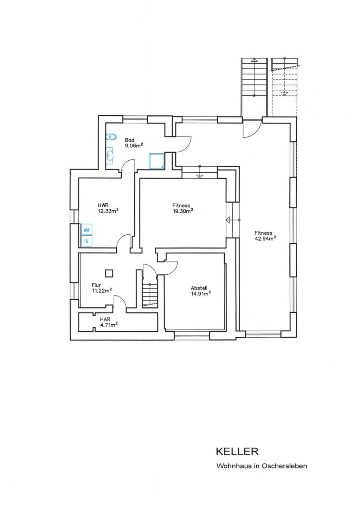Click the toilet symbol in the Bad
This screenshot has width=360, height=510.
(111, 137)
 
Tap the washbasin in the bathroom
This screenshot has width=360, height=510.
(109, 155)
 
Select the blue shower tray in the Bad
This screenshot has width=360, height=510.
(156, 161)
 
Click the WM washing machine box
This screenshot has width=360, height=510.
(86, 230)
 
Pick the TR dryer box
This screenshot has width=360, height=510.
(86, 241)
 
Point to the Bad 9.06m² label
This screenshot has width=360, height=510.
(134, 143)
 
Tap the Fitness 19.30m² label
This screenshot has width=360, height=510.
(183, 208)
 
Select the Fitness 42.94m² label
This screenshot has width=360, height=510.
(265, 236)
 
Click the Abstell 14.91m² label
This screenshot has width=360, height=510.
(201, 291)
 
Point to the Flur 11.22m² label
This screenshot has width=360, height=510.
(102, 288)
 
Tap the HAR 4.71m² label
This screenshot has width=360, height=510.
(109, 322)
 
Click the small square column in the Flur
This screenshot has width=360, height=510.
(109, 273)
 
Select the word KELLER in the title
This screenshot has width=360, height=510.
(237, 452)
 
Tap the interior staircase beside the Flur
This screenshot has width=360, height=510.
(150, 295)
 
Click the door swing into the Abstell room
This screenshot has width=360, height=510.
(170, 269)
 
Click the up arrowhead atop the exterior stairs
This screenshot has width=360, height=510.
(255, 60)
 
